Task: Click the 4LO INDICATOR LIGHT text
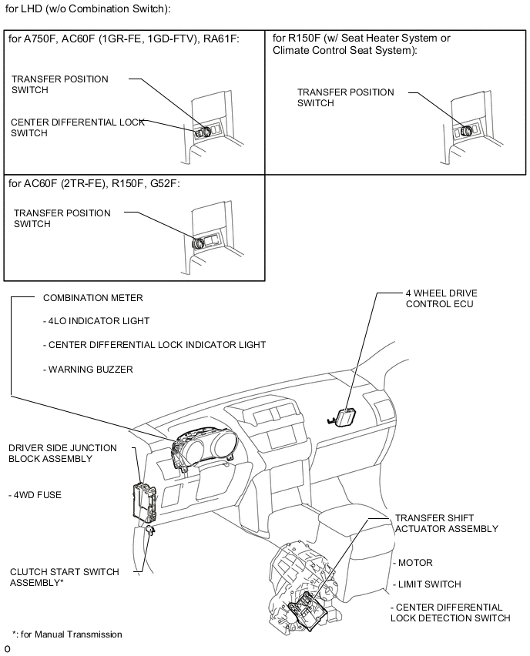click(96, 321)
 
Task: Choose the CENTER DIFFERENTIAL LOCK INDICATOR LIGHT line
click(154, 345)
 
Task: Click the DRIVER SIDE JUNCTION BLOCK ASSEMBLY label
click(62, 454)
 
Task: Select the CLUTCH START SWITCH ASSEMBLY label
click(64, 577)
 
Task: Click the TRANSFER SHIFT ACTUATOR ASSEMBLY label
click(446, 524)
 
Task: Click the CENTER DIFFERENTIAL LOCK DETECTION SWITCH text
click(450, 613)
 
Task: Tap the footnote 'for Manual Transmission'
click(67, 634)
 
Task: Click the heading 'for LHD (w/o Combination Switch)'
click(87, 9)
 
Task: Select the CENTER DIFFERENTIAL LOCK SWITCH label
click(77, 128)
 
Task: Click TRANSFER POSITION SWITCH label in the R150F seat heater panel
click(346, 98)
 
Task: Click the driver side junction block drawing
click(146, 500)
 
